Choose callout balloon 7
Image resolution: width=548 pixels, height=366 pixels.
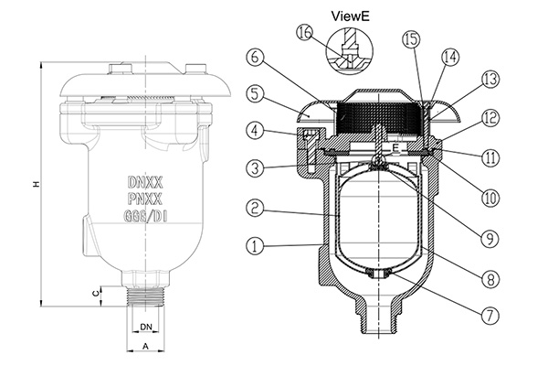click(490, 314)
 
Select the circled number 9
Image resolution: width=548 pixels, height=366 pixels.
click(490, 237)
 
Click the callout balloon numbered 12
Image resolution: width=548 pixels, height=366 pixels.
click(490, 118)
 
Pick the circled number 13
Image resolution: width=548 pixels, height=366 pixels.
click(490, 80)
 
